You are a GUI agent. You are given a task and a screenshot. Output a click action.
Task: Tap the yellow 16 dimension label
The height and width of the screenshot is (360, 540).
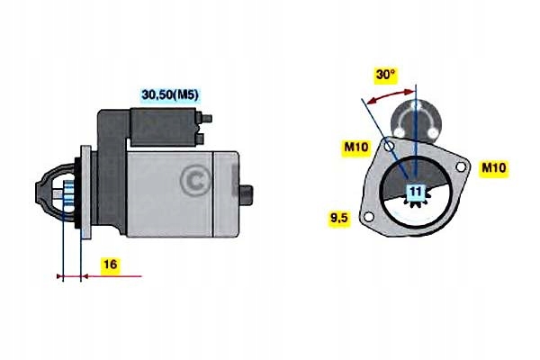[x=108, y=265]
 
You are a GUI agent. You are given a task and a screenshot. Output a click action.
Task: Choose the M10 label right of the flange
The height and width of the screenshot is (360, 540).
[x=494, y=168]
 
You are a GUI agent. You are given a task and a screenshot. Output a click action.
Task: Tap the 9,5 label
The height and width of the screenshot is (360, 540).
[x=339, y=217]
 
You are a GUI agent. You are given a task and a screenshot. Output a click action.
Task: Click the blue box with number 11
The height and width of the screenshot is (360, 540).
[x=415, y=192]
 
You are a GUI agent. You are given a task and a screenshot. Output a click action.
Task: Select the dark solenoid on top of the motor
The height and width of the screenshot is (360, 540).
[x=164, y=126]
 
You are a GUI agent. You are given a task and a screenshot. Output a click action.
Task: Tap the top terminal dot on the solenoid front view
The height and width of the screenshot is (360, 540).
[x=417, y=106]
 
